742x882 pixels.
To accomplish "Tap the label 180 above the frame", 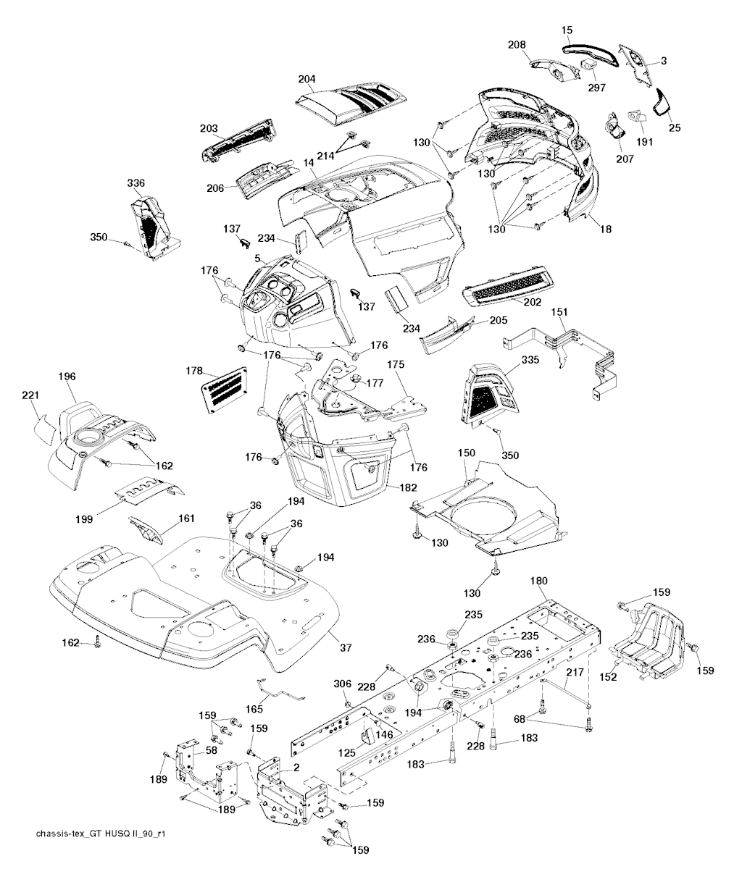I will tap(539, 581).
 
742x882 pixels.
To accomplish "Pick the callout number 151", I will tap(560, 312).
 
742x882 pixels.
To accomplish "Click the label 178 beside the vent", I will tap(193, 371).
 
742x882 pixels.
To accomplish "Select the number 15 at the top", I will tap(567, 30).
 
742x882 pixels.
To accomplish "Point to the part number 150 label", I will tap(466, 453).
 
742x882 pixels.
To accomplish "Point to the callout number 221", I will tap(30, 395).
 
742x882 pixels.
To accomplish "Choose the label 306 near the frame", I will tap(342, 684).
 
